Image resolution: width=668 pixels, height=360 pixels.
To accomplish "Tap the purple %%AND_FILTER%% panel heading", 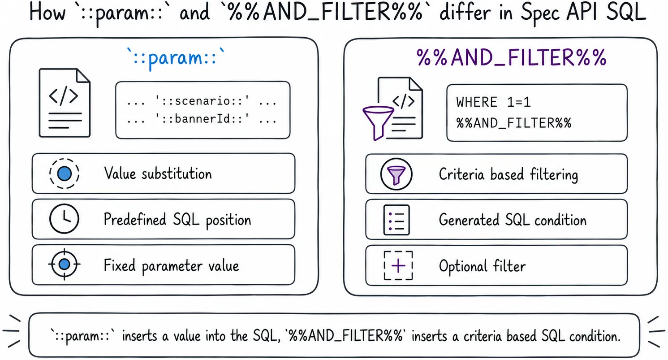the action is click(x=512, y=58).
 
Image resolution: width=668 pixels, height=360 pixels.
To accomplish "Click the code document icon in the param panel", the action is click(x=65, y=103).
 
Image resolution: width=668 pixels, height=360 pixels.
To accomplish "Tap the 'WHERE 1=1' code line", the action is click(x=494, y=102).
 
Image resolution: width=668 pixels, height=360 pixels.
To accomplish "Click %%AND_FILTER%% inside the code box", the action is click(x=513, y=123).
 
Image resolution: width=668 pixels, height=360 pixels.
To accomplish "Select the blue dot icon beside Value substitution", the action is click(x=64, y=174).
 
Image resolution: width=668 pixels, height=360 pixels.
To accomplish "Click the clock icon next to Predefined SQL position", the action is click(x=64, y=219).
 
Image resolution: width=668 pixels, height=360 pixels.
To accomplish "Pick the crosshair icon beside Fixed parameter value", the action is click(x=64, y=265).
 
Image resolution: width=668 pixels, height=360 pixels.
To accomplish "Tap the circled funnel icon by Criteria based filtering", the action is click(x=396, y=174).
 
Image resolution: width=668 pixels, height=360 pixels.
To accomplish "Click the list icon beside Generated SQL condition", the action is click(x=396, y=220).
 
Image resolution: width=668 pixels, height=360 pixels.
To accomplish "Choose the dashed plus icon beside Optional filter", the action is click(x=398, y=265).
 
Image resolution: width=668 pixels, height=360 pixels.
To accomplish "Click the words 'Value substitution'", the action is click(x=158, y=173).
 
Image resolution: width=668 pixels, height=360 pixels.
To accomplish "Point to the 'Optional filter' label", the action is click(x=482, y=266).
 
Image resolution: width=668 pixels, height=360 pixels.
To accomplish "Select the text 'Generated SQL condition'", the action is click(x=513, y=220).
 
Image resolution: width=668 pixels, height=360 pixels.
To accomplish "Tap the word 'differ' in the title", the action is click(x=465, y=13).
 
